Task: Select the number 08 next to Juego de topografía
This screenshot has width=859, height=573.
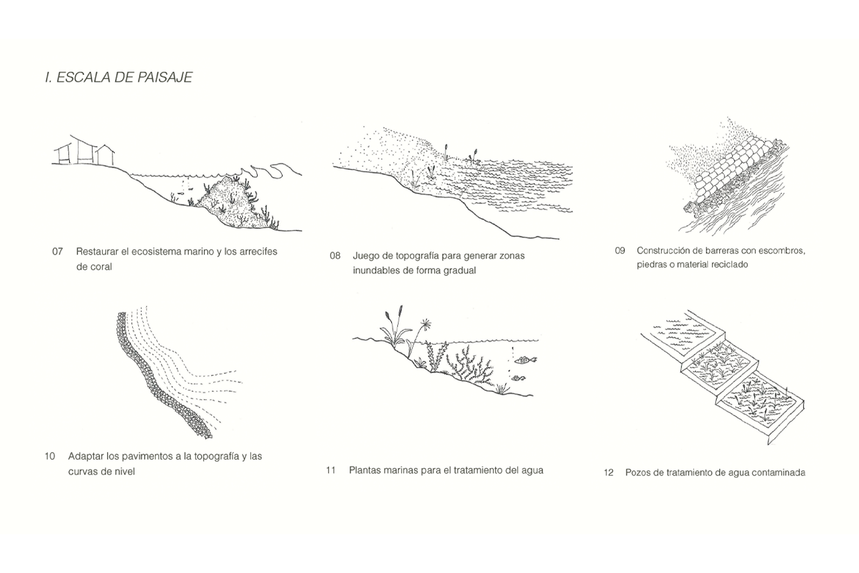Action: [335, 256]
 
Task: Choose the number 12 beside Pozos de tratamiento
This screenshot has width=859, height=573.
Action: [608, 473]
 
